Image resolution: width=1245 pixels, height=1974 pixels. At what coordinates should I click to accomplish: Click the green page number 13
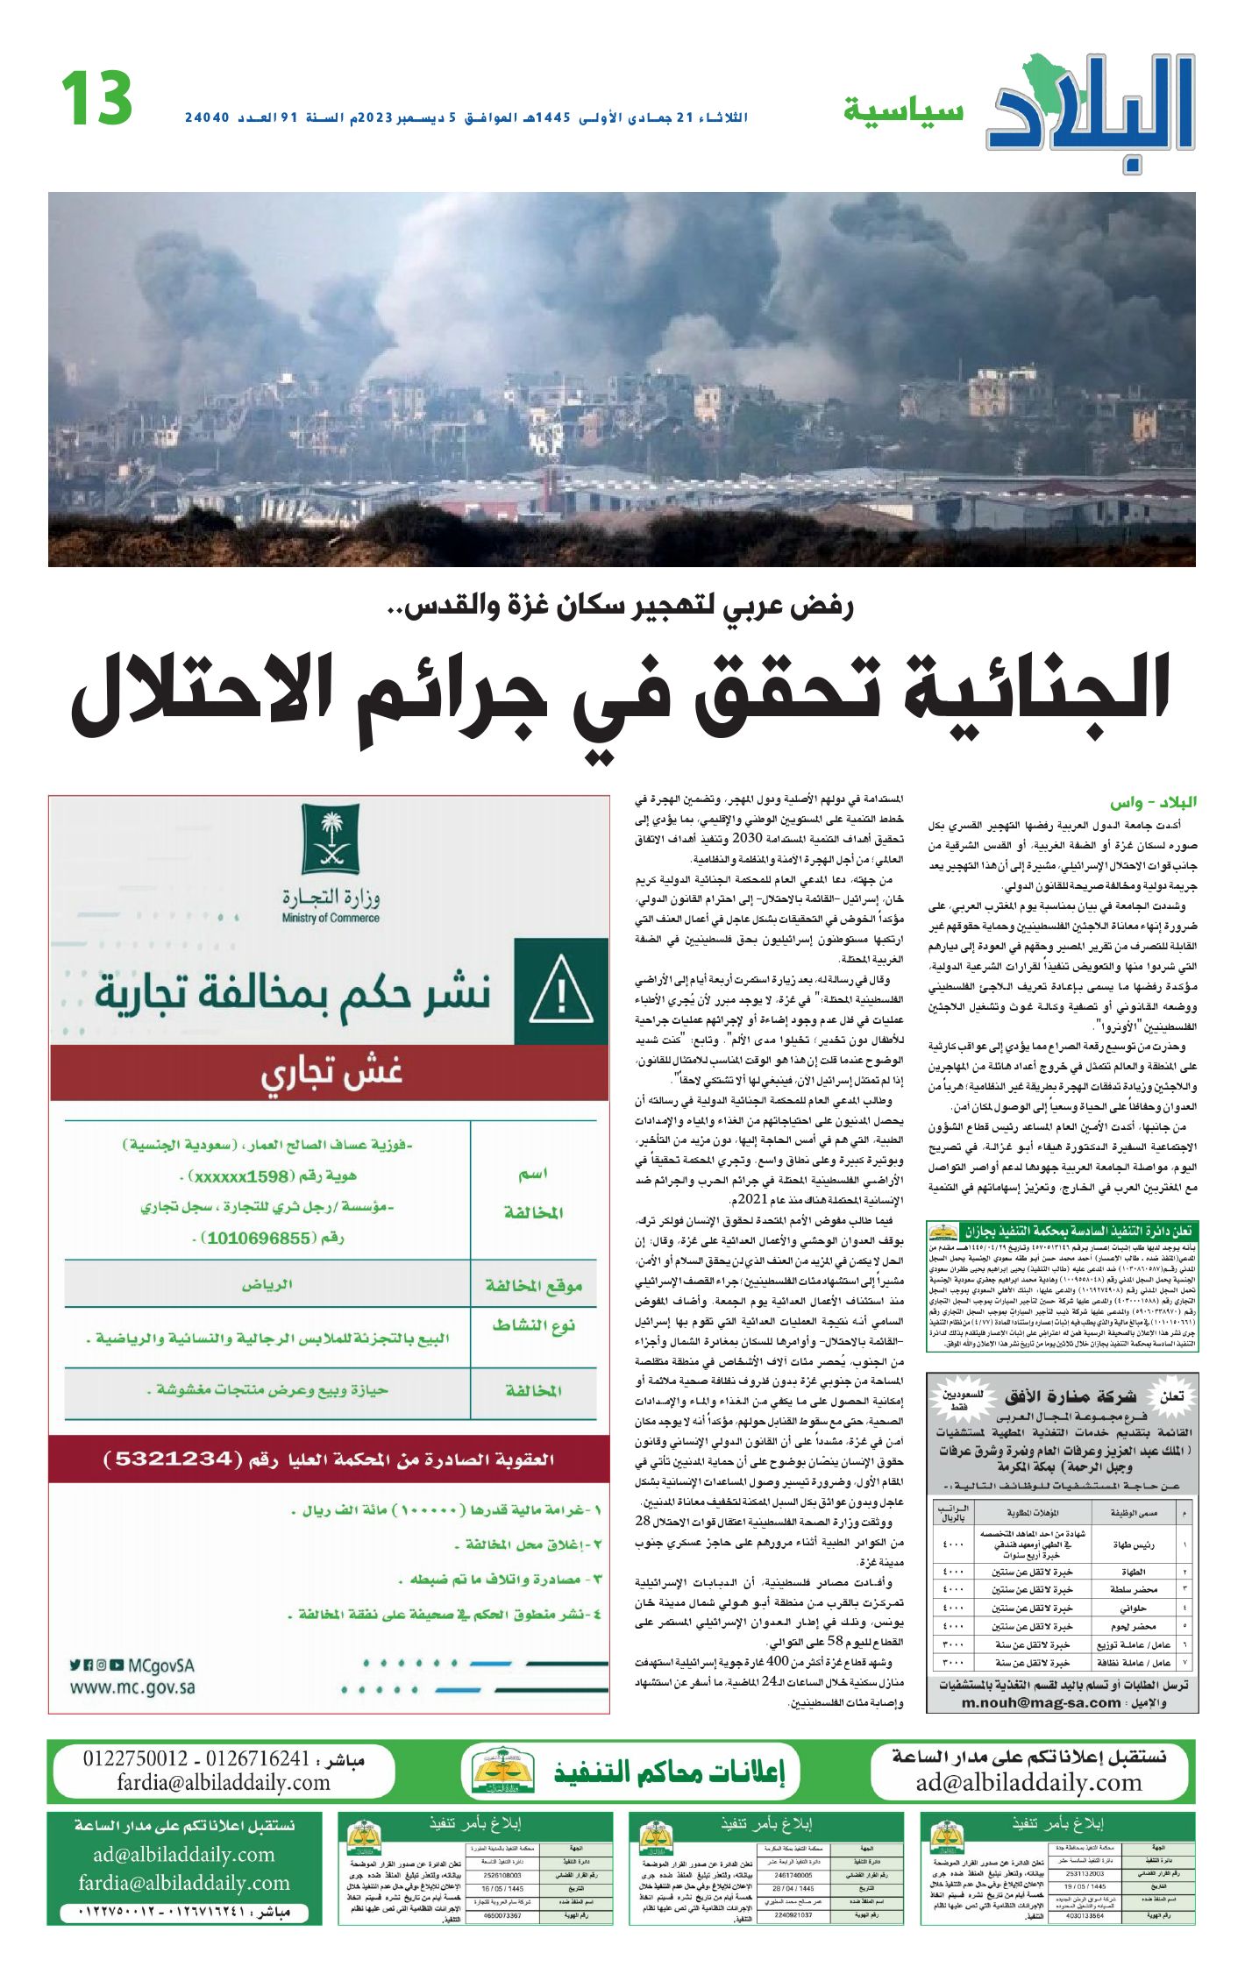pos(96,98)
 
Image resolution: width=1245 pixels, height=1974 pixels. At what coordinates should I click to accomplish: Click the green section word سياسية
pos(903,112)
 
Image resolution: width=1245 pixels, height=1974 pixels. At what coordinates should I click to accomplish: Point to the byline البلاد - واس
pos(1153,802)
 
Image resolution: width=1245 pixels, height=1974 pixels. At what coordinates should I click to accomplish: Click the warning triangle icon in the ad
pos(561,992)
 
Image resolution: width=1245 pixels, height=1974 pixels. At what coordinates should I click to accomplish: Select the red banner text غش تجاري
pos(331,1074)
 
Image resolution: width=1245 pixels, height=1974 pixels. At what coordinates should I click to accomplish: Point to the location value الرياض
pos(267,1284)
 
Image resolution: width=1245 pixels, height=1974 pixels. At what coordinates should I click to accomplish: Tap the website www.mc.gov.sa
pos(132,1688)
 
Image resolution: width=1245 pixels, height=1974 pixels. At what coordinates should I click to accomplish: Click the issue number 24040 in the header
pos(207,117)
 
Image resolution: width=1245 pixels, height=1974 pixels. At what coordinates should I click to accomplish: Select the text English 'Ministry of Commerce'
pos(331,919)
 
